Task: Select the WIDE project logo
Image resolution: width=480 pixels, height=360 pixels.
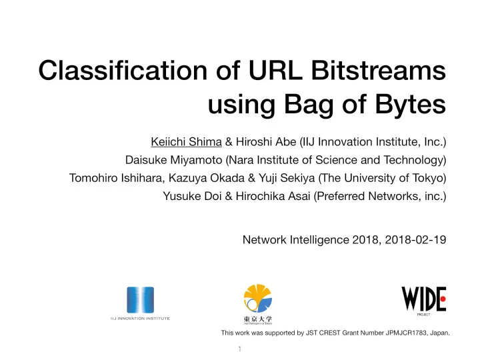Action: coord(423,298)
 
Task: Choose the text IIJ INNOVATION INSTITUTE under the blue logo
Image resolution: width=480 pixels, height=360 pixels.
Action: coord(140,319)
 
